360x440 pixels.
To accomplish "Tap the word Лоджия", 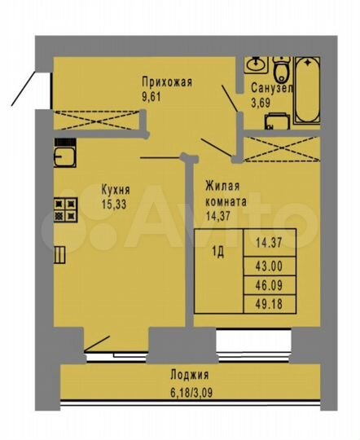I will click(x=189, y=376).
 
